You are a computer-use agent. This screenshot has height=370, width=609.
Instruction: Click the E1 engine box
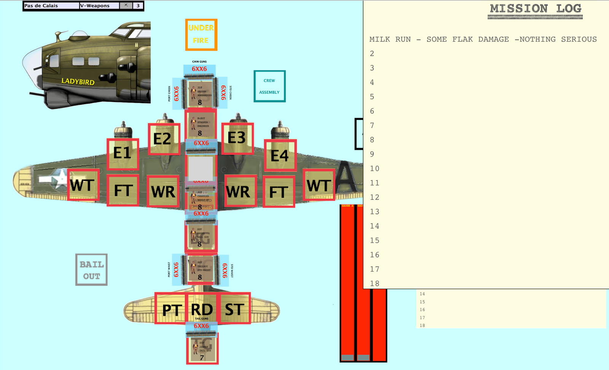[123, 153]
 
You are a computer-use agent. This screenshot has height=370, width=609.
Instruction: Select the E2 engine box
[164, 139]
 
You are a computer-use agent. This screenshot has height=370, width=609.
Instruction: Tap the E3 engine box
[237, 138]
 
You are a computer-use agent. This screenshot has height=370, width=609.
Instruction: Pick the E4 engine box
[280, 155]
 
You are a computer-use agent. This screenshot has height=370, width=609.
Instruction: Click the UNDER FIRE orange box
[201, 34]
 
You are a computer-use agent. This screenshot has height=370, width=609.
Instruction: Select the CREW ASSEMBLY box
[269, 86]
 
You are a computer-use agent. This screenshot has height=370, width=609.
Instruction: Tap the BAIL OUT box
[91, 270]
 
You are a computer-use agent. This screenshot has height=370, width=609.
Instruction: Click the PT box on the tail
[171, 309]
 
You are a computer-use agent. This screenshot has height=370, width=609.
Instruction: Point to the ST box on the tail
[234, 309]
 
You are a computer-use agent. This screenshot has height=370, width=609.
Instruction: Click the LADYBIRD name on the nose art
[78, 81]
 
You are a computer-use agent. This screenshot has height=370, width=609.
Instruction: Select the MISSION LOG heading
[535, 9]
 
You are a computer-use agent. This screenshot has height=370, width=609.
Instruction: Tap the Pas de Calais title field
[51, 6]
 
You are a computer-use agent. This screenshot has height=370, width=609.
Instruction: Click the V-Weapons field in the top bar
[99, 6]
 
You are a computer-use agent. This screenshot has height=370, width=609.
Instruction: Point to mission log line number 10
[375, 169]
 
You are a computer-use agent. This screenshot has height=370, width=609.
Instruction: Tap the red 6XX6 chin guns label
[199, 69]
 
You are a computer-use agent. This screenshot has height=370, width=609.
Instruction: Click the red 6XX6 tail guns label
[201, 326]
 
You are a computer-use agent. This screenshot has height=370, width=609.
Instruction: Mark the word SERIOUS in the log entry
[579, 39]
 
